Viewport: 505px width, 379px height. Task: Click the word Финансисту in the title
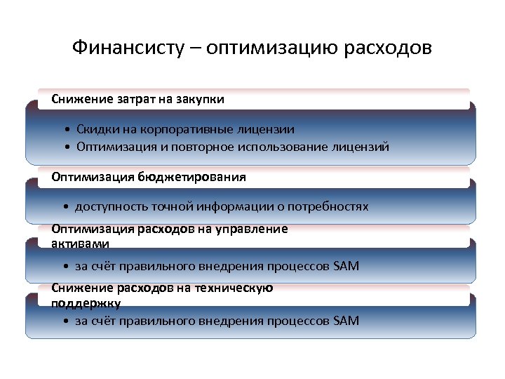(x=128, y=48)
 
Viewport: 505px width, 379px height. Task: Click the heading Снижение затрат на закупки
(x=138, y=99)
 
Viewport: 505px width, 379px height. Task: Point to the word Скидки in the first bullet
(x=97, y=130)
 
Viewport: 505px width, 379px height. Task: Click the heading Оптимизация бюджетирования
(x=149, y=177)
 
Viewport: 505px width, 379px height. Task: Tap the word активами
(x=80, y=243)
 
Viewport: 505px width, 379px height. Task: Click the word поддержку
(x=86, y=302)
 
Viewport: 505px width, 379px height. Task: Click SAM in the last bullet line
(x=346, y=321)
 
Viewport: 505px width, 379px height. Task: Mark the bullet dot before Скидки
(x=65, y=131)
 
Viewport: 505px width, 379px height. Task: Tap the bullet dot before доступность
(x=65, y=207)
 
